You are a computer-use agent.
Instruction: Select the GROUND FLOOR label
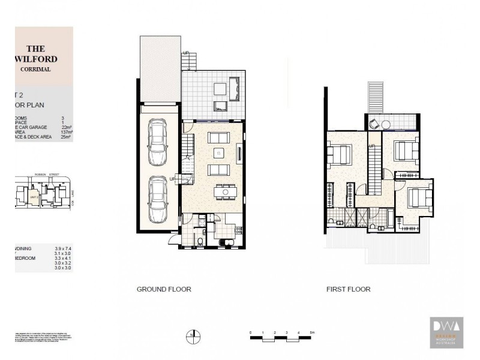click(x=164, y=289)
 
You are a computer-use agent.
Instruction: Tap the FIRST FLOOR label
click(x=348, y=289)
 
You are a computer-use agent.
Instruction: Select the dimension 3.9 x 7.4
click(x=62, y=248)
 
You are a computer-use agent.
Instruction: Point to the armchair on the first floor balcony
click(x=374, y=124)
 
